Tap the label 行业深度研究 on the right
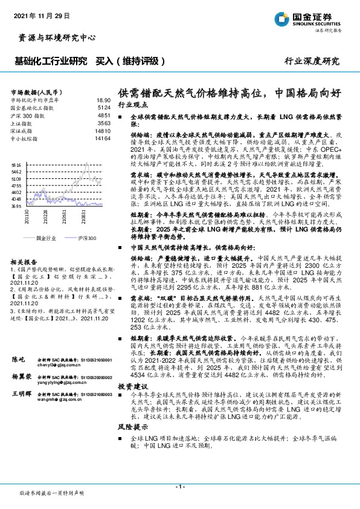312,62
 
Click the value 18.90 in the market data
103,100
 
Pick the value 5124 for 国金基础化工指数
104,107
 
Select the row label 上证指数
24,122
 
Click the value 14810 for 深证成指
103,130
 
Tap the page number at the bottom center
179,486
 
